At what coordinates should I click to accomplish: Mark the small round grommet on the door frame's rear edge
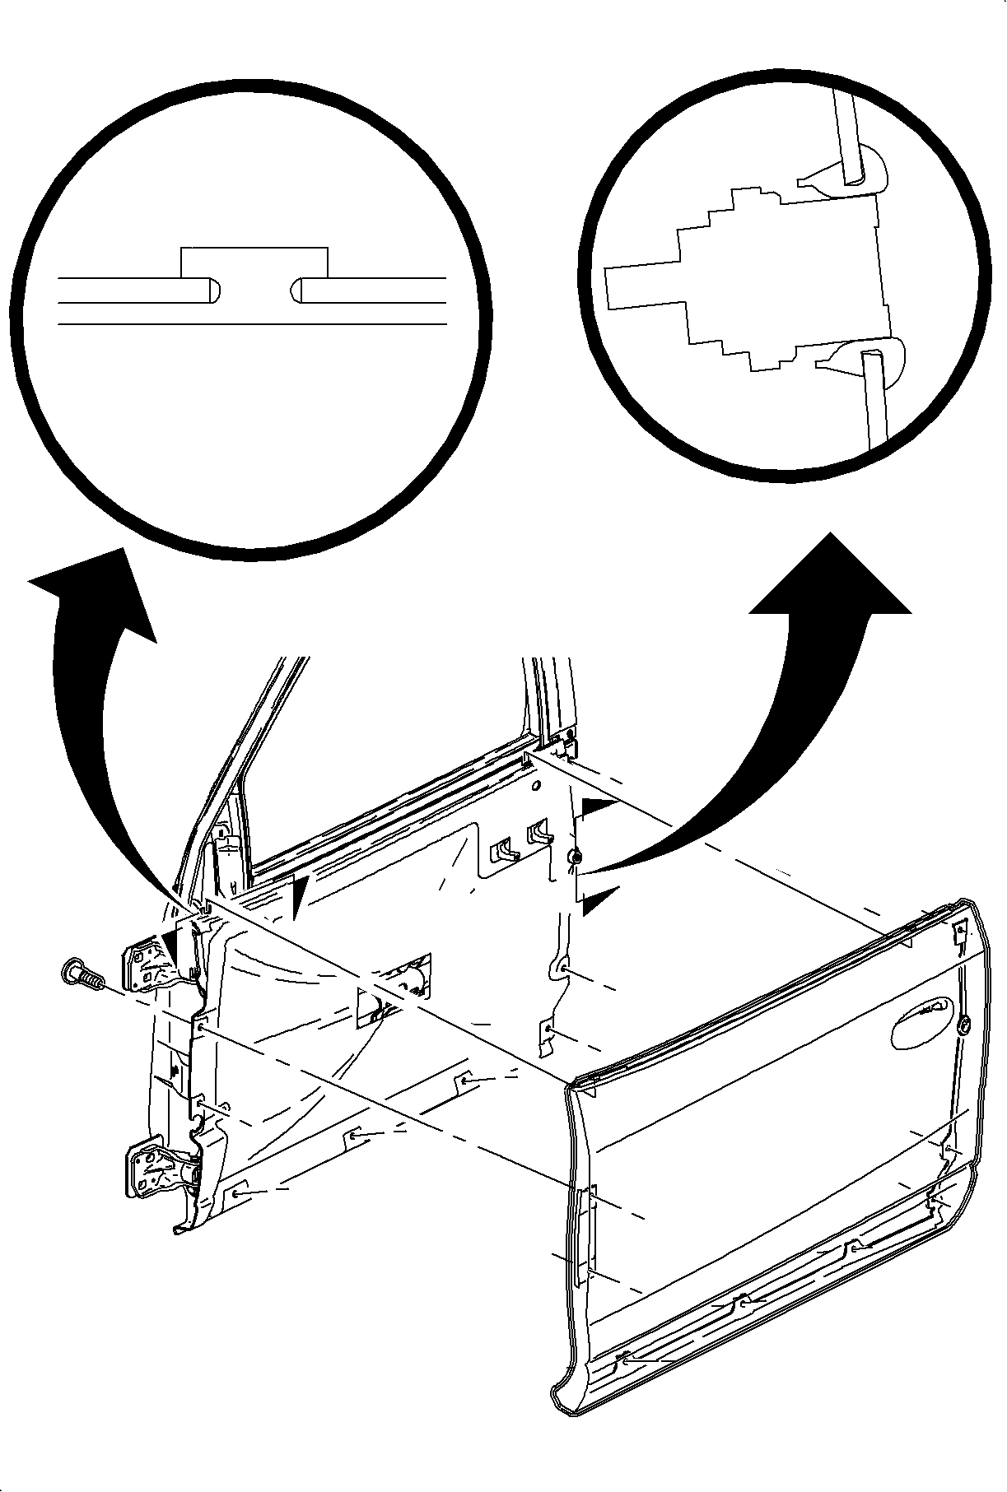[576, 858]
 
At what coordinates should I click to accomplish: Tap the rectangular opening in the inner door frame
[393, 986]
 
